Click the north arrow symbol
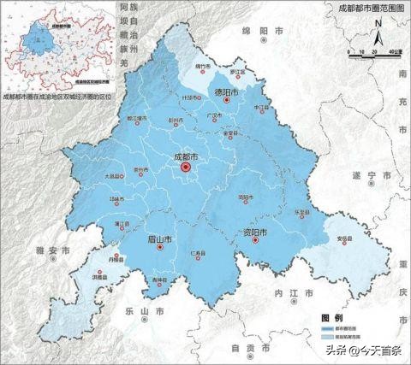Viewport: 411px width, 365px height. (x=377, y=38)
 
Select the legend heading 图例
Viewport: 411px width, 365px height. (x=331, y=317)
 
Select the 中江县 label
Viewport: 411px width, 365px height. (x=262, y=108)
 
